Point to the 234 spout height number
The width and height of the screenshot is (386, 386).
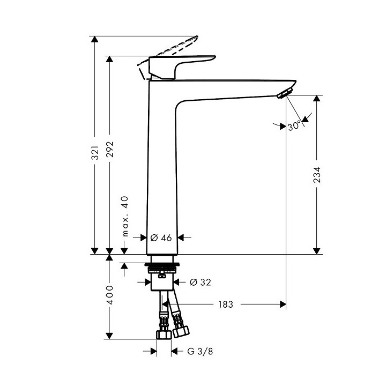[317, 176]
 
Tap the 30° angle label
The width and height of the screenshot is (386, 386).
[293, 126]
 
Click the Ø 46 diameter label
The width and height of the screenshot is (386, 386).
[161, 237]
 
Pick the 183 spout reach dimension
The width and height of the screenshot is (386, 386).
[225, 305]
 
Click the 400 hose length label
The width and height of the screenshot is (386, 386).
[109, 295]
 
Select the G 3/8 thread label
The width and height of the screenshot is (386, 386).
[197, 352]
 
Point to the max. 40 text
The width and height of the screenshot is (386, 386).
[125, 216]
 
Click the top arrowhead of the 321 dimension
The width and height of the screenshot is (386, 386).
[95, 39]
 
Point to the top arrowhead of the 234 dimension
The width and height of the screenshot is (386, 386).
[317, 99]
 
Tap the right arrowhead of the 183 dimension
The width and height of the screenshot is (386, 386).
[283, 305]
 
